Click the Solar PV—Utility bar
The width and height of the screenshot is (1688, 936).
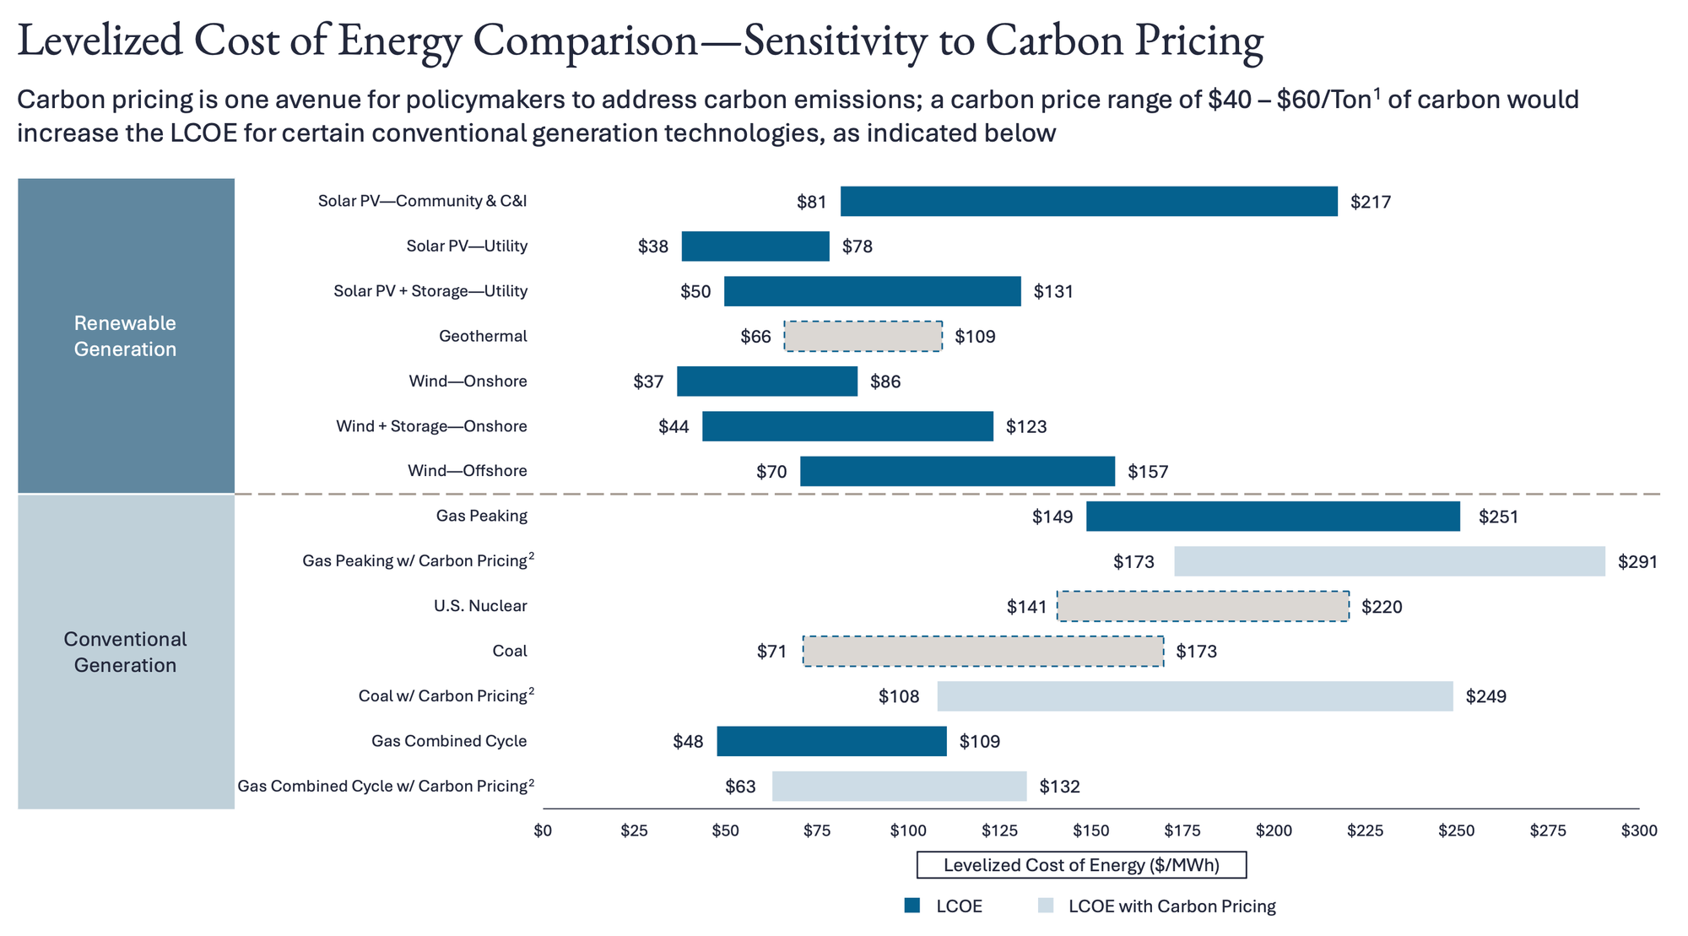coord(755,246)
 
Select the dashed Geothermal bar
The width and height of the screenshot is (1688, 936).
coord(863,336)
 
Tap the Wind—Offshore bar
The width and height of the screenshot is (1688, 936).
coord(957,471)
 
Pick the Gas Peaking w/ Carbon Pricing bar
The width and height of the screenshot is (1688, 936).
coord(1389,561)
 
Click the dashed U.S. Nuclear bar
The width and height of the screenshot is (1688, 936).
coord(1203,606)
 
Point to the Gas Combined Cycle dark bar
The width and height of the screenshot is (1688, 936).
coord(831,741)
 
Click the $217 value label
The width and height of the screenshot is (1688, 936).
coord(1370,203)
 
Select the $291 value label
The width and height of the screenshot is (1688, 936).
coord(1637,562)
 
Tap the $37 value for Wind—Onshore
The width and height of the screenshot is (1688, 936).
coord(648,381)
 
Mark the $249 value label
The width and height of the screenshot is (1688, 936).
coord(1485,697)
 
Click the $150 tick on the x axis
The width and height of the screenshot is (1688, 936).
coord(1090,830)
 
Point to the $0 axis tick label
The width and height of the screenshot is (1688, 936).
coord(543,830)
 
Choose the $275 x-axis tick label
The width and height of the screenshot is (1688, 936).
coord(1547,830)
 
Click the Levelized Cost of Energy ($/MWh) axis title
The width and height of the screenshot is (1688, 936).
coord(1081,865)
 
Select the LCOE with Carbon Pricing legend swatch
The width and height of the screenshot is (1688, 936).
coord(1046,906)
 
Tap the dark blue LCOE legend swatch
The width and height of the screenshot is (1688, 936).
coord(912,906)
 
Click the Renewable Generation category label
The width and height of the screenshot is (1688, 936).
coord(125,336)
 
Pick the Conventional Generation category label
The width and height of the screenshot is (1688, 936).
coord(125,652)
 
